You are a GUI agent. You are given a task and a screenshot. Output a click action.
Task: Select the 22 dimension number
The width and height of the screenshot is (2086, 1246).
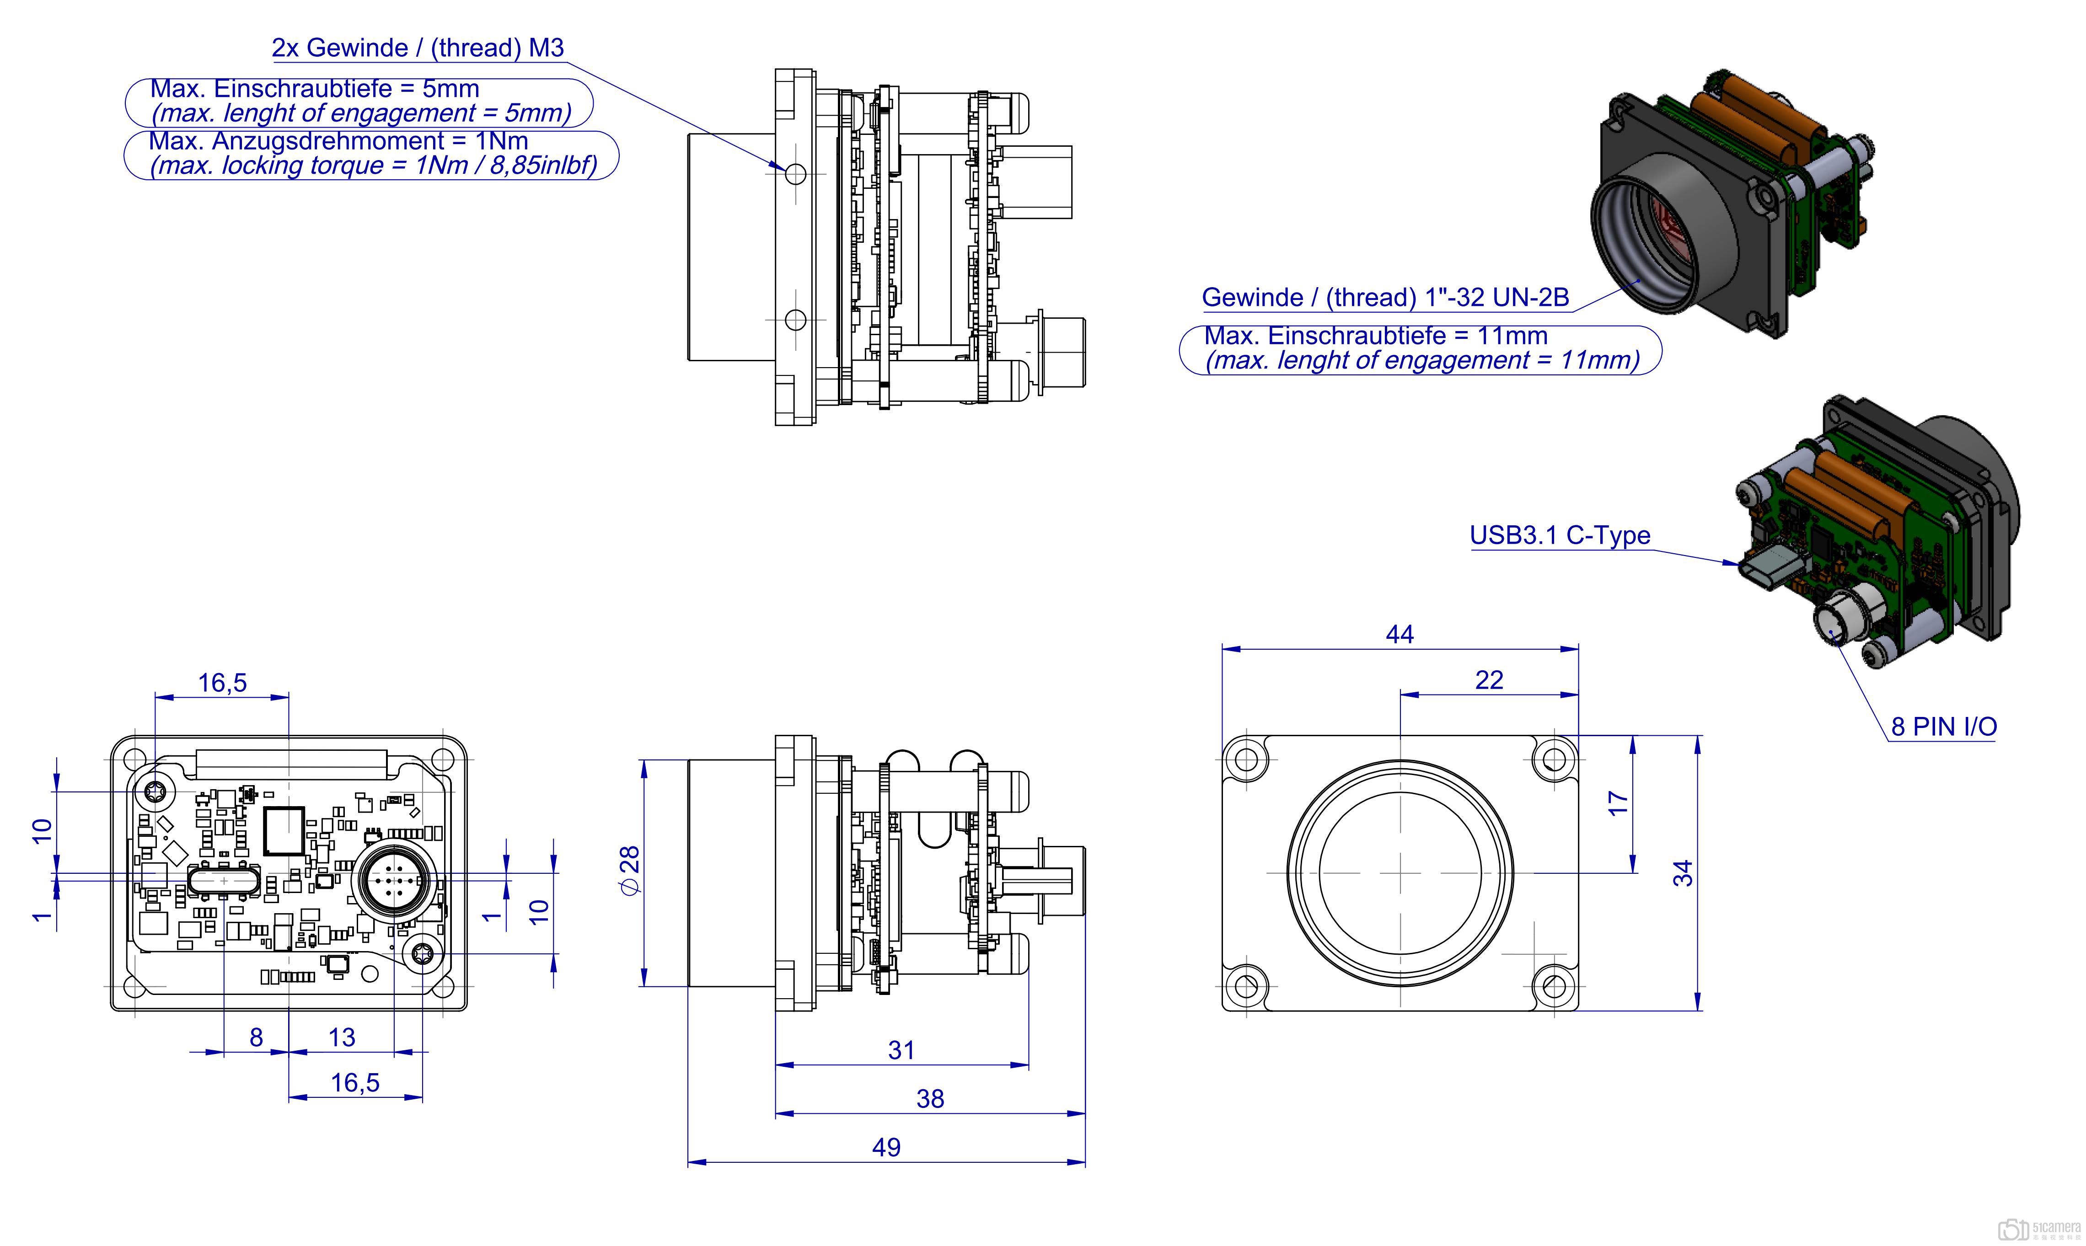click(1489, 680)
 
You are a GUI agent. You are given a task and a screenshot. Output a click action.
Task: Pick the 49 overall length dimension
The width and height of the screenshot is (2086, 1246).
click(886, 1147)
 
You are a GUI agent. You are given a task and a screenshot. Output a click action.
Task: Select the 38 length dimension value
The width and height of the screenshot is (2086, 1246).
click(930, 1098)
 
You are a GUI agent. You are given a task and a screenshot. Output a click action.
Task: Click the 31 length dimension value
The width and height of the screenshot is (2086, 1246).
click(901, 1049)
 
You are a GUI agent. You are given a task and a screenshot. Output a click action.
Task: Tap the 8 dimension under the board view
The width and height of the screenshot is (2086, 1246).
click(256, 1038)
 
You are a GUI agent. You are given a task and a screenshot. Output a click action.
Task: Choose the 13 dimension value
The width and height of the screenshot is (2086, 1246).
click(342, 1038)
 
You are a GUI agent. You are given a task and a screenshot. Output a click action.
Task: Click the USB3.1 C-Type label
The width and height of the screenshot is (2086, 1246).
click(1560, 536)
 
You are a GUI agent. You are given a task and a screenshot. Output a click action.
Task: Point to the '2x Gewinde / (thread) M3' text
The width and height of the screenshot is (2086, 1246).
click(418, 48)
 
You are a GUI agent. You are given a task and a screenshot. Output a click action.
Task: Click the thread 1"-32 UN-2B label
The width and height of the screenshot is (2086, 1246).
click(1385, 297)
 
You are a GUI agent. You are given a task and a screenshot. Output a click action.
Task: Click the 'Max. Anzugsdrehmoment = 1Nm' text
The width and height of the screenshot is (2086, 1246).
click(338, 140)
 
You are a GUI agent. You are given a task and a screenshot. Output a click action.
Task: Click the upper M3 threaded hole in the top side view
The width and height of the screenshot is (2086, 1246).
click(794, 174)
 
